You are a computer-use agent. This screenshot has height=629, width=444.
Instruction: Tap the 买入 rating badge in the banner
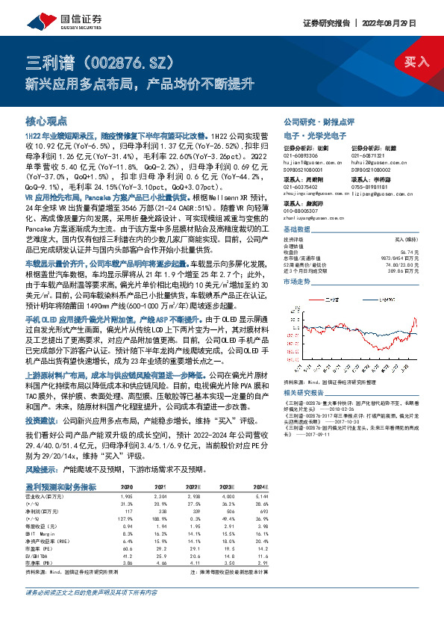(x=416, y=62)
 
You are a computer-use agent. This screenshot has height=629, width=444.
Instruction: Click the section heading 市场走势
(x=296, y=283)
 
